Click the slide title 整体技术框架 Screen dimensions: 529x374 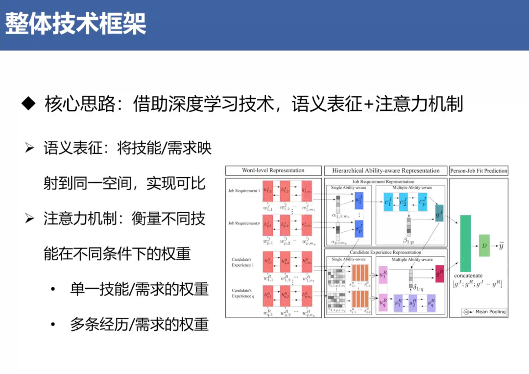[x=75, y=25]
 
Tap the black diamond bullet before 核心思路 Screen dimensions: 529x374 [x=29, y=104]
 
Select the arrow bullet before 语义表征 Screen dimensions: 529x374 [x=29, y=148]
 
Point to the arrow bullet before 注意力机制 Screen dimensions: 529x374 [x=29, y=219]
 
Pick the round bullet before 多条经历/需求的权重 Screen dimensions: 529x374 [x=52, y=324]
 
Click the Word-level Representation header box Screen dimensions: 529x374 [x=273, y=171]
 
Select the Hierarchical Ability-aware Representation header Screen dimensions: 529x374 [x=386, y=171]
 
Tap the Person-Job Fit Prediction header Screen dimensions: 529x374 [x=479, y=171]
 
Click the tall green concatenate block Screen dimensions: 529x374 [x=465, y=243]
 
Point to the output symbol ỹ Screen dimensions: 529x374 [x=501, y=245]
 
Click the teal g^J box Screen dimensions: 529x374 [x=438, y=214]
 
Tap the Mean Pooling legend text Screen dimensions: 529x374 [x=490, y=312]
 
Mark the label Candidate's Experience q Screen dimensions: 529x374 [x=242, y=293]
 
